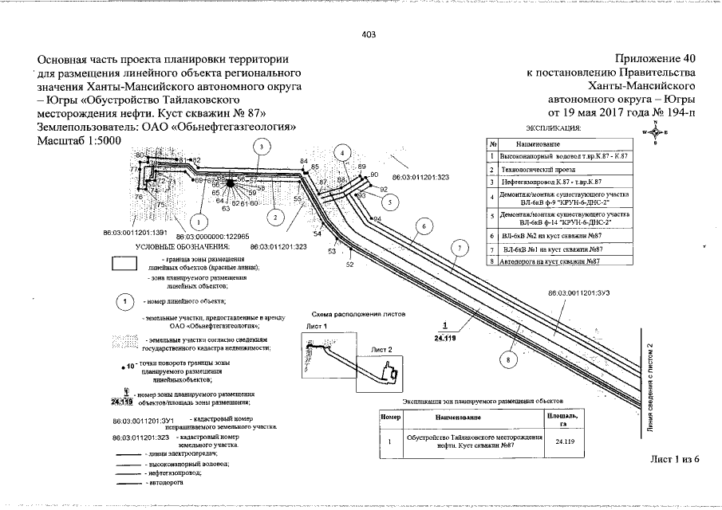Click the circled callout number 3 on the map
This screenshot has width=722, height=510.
[x=259, y=146]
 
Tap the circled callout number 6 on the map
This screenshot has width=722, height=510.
[x=424, y=226]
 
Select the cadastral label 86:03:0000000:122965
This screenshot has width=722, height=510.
[x=213, y=237]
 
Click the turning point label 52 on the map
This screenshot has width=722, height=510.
[x=349, y=264]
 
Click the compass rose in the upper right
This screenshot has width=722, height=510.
[x=655, y=133]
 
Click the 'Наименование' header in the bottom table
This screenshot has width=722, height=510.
[x=459, y=417]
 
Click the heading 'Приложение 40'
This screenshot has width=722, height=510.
[x=656, y=59]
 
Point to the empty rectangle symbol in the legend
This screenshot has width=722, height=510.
[x=125, y=265]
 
